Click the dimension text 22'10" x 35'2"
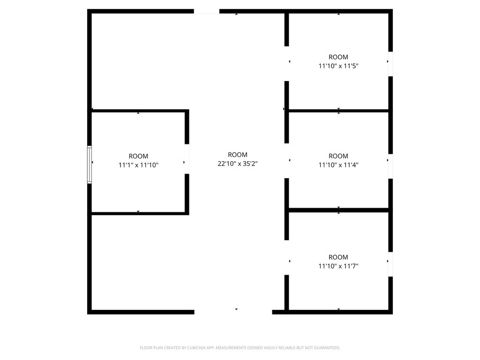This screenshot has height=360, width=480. pos(238,164)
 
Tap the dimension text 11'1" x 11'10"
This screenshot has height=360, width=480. pos(138,165)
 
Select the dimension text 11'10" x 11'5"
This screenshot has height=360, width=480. pos(338,66)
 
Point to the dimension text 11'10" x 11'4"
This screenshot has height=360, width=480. pos(338,165)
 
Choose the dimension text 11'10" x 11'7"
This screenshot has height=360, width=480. pos(338,266)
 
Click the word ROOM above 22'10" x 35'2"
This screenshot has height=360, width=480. pos(238,155)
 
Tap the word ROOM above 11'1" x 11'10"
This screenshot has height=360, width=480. pos(138,156)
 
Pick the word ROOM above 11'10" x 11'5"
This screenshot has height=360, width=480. pos(338,57)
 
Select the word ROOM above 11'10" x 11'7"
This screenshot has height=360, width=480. pos(338,257)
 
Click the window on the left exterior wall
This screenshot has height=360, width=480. pos(89,165)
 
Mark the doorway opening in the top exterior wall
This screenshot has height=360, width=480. pos(207,11)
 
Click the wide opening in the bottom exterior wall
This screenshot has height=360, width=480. pos(233,311)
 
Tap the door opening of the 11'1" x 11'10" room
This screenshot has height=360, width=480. pos(187,159)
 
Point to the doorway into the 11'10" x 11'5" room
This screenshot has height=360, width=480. pos(286,64)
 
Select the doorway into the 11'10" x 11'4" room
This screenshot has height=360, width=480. pos(286,161)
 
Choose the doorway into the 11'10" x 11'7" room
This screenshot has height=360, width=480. pos(286,257)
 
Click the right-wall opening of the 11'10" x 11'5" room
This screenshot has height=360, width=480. pos(390,64)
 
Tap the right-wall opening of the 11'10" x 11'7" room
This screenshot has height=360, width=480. pos(390,264)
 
